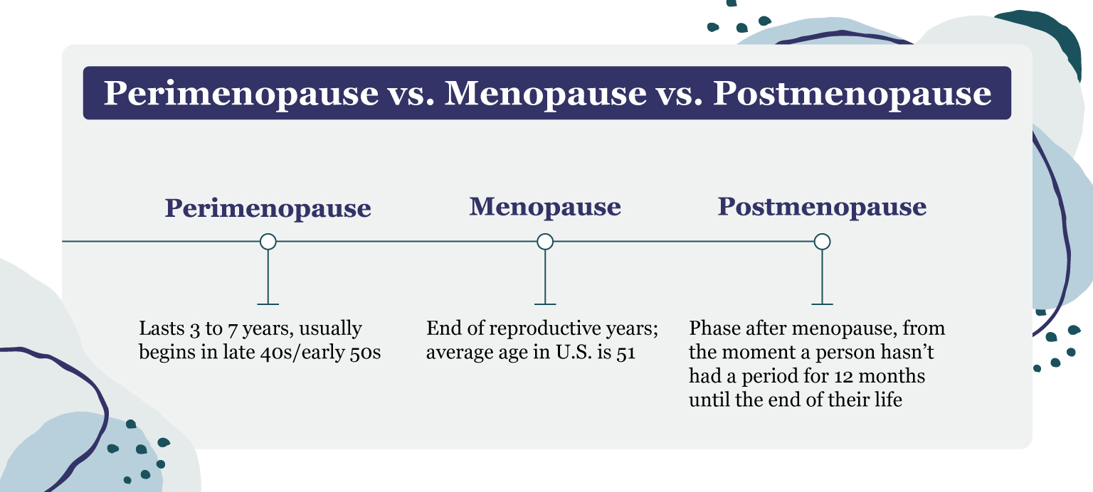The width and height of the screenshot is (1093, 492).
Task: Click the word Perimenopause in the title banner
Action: (241, 93)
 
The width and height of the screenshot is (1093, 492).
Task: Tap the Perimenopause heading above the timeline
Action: (268, 208)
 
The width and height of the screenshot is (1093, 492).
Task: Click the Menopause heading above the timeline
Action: (545, 207)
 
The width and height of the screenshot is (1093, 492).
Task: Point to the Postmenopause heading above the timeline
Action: (822, 207)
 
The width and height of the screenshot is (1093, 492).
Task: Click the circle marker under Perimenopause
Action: (268, 242)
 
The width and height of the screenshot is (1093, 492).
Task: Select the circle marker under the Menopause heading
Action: (545, 242)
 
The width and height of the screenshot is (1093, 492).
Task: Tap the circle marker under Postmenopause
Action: (822, 242)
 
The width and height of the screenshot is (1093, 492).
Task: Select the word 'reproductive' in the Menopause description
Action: (534, 329)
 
